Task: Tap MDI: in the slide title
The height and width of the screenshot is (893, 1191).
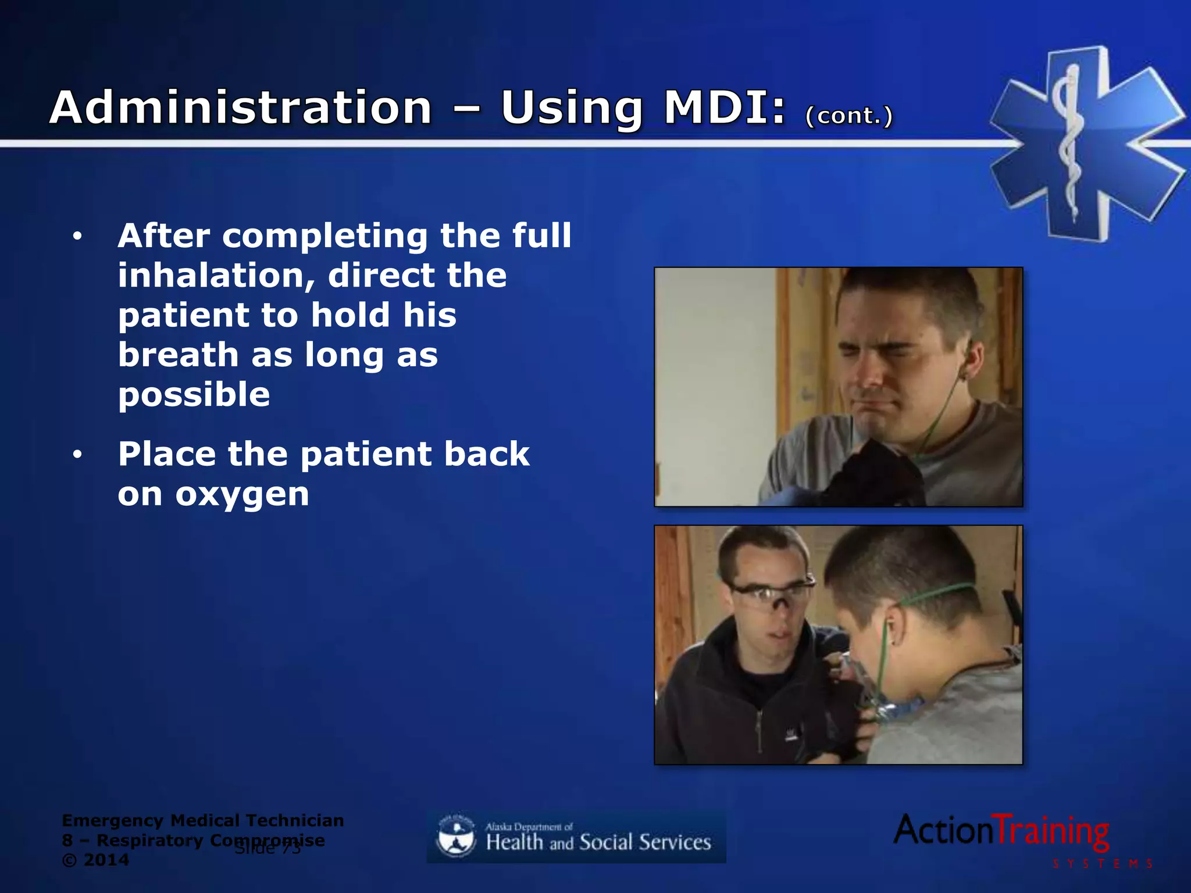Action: [725, 108]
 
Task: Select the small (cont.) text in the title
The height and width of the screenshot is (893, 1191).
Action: [848, 116]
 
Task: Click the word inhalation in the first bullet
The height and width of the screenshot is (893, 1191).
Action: [212, 275]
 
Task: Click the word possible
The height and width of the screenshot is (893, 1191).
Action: [194, 395]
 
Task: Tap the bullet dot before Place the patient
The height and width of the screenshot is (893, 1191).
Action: [77, 455]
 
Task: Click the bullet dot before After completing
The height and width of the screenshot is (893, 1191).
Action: [77, 237]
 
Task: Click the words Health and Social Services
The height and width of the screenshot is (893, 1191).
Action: [598, 842]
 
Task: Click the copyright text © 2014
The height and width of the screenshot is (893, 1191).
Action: [95, 860]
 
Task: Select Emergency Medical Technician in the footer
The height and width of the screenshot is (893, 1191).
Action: [202, 821]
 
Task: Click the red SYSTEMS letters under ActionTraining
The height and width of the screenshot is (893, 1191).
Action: [1102, 864]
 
